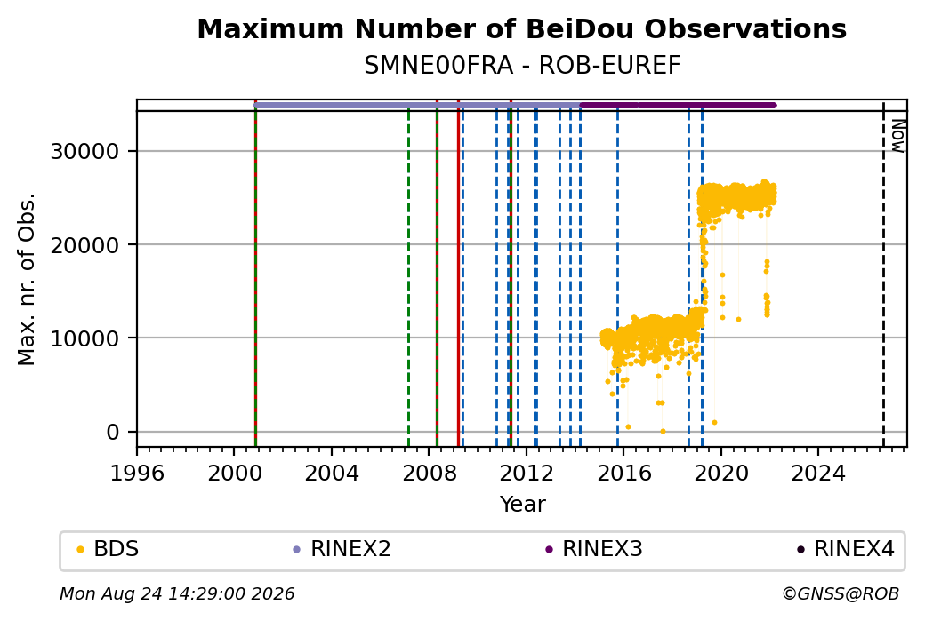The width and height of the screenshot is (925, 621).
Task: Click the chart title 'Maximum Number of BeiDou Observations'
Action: (521, 28)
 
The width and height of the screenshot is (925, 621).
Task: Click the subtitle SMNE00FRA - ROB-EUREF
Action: (522, 66)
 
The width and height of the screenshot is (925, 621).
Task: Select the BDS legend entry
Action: (108, 549)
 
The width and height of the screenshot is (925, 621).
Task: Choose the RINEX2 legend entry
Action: (342, 549)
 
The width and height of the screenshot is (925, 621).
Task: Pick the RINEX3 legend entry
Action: (594, 549)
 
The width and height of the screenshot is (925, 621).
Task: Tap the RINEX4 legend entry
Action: (846, 549)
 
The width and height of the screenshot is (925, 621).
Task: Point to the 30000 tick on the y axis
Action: (85, 151)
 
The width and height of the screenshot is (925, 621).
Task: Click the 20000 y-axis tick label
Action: (85, 245)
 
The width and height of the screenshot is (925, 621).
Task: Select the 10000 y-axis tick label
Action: (85, 338)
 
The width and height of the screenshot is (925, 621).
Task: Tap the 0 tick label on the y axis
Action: (113, 433)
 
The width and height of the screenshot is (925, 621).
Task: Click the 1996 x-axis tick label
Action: (138, 474)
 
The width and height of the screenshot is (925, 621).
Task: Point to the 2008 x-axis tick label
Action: (430, 474)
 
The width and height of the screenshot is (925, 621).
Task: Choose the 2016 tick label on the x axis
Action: (624, 474)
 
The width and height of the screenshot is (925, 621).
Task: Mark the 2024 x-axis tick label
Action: (818, 474)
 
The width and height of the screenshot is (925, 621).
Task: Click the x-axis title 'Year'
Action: (523, 505)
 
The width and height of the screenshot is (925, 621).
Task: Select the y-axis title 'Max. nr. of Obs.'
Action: (27, 279)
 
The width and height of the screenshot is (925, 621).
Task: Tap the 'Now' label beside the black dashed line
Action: (897, 136)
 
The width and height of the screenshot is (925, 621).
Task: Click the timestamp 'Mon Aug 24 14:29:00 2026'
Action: (177, 593)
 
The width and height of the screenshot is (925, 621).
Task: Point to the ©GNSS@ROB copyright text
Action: (841, 593)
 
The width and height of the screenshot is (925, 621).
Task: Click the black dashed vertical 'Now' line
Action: (883, 275)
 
